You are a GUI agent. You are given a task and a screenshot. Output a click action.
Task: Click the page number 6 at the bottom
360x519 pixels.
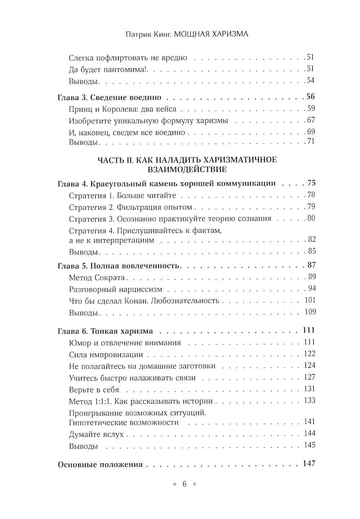(x=184, y=484)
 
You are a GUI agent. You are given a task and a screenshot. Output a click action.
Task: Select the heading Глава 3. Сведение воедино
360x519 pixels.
(x=109, y=98)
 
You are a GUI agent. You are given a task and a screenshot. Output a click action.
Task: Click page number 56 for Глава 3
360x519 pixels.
(x=310, y=97)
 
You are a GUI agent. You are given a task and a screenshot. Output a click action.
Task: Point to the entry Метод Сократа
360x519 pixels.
(x=96, y=277)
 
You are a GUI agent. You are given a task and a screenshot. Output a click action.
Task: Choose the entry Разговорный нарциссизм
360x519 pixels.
(x=115, y=289)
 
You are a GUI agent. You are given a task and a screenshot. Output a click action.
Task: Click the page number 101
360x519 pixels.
(x=309, y=300)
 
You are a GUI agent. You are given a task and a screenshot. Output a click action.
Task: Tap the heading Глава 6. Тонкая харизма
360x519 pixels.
(x=105, y=331)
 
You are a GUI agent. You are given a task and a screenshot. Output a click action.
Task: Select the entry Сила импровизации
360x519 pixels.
(x=106, y=355)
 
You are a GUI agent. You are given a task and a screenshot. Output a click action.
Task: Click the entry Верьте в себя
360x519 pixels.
(x=94, y=390)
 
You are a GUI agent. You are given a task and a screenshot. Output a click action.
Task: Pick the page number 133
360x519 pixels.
(x=309, y=400)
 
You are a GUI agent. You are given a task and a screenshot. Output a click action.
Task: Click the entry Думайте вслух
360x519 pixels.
(x=96, y=434)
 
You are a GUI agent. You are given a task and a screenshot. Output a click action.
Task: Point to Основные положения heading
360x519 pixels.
(x=100, y=465)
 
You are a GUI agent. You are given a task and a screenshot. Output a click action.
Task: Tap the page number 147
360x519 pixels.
(x=309, y=464)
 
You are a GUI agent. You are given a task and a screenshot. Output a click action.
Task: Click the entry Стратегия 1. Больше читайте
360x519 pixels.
(x=122, y=196)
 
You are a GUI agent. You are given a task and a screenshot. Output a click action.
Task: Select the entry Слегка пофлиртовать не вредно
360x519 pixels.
(x=128, y=58)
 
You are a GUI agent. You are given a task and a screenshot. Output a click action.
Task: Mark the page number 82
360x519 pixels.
(x=311, y=240)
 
